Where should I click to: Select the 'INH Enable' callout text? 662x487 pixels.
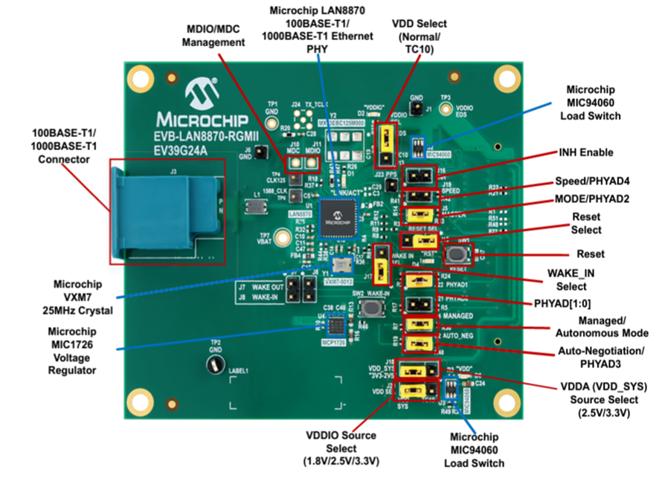pos(585,152)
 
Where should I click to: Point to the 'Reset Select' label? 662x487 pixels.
pos(587,223)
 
